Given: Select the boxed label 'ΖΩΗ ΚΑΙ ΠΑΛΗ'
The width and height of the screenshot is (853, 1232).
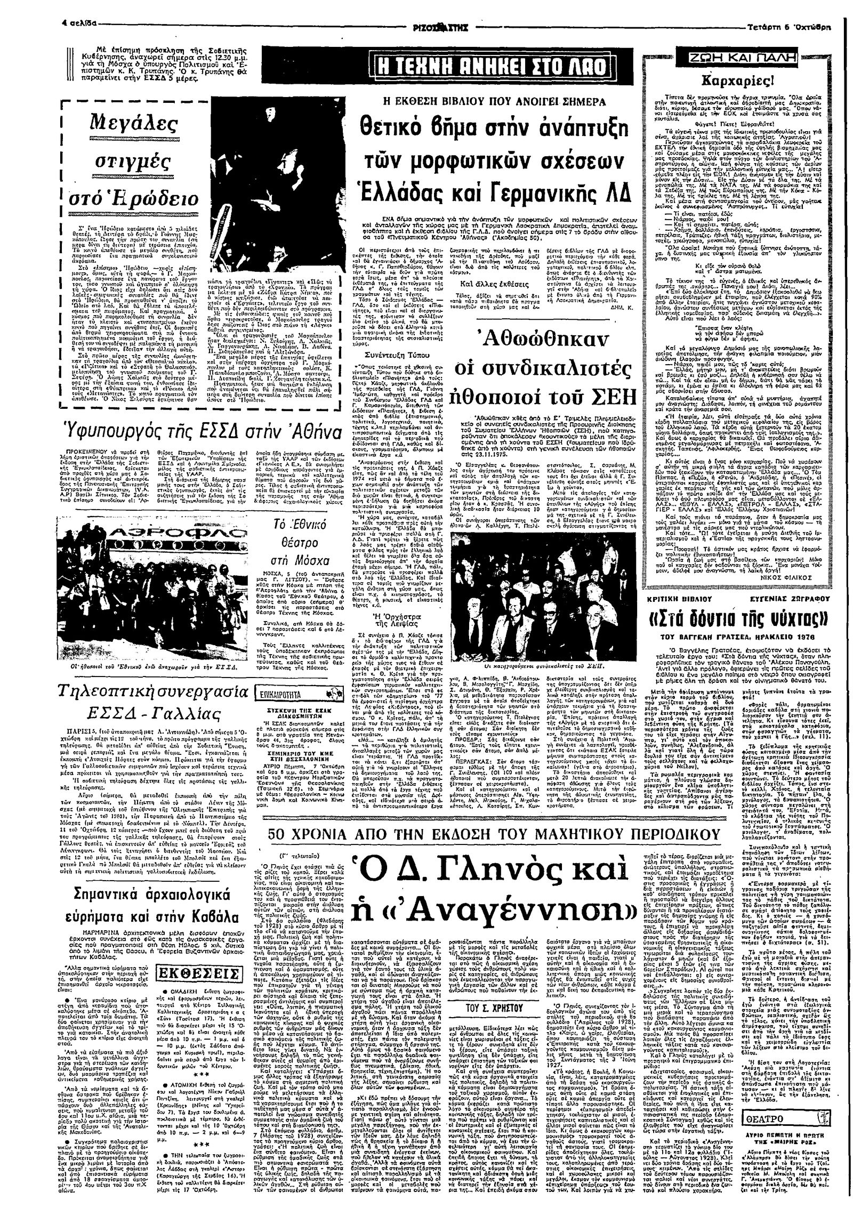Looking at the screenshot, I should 736,57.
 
